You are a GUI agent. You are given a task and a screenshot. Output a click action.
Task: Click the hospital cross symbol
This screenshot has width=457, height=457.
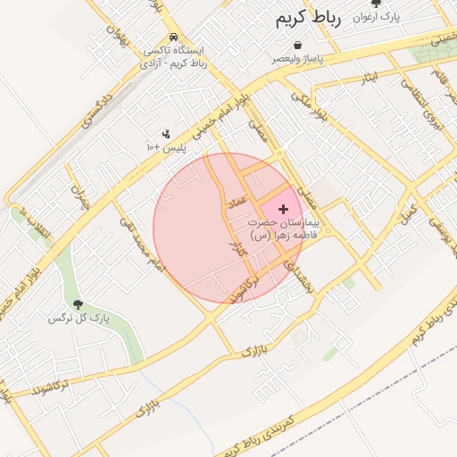[285, 208]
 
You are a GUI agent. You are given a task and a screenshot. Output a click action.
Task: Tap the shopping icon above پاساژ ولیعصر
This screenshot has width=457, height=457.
[297, 46]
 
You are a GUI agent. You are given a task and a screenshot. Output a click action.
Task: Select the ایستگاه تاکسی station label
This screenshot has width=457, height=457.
[180, 57]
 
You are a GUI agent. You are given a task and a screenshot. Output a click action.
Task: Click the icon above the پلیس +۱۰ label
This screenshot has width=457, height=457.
[166, 134]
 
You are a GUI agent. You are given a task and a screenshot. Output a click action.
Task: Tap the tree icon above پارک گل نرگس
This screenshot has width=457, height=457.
[77, 304]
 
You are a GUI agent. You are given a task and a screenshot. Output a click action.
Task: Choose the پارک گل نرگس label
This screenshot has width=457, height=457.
[72, 318]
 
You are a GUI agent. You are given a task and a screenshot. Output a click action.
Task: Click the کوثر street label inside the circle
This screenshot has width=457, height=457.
[237, 251]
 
